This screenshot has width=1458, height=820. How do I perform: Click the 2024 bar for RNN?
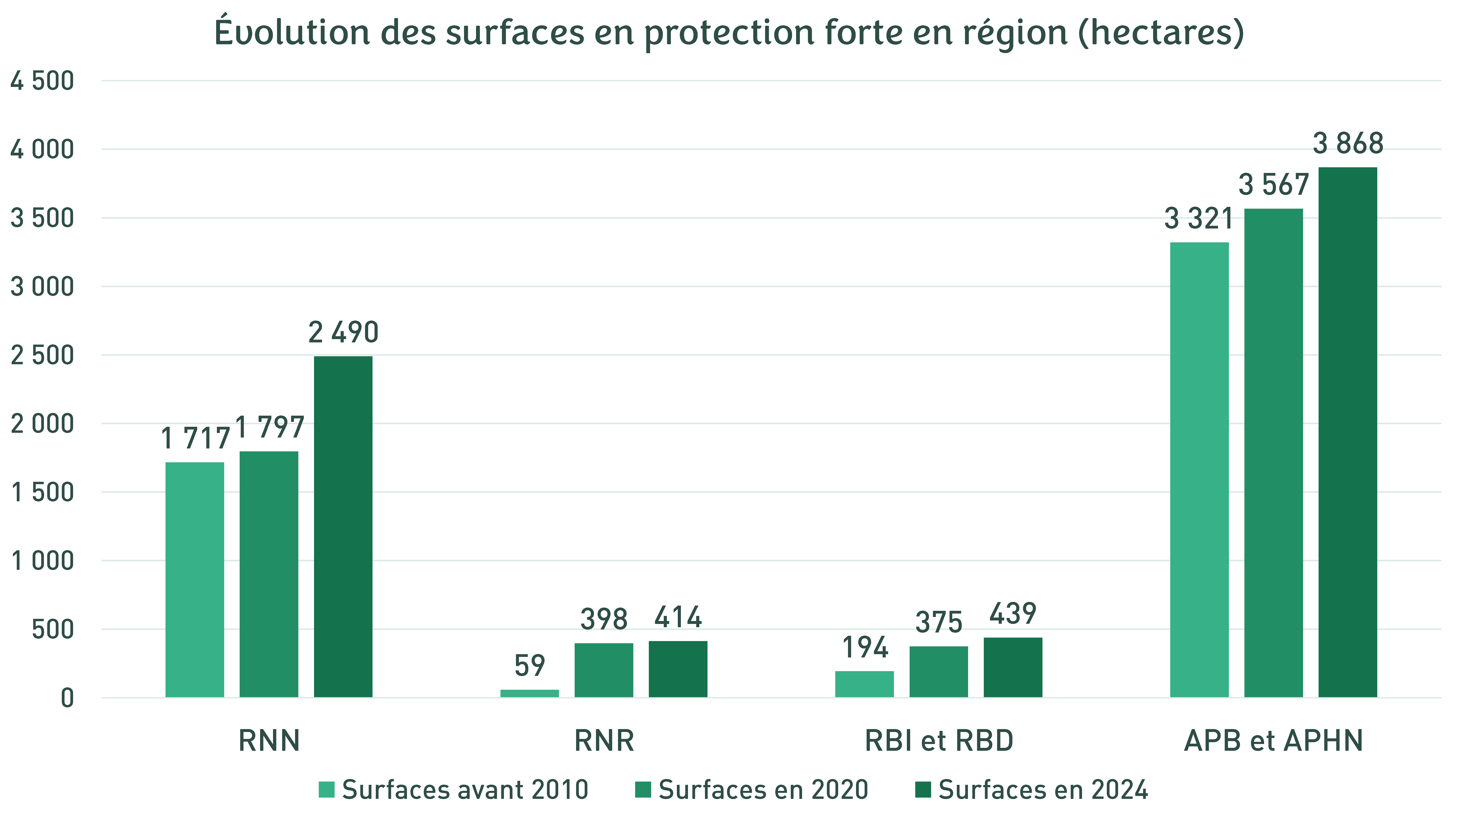point(343,526)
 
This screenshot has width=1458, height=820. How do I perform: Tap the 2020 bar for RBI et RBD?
point(938,672)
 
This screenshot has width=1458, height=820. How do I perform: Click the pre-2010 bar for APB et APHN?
point(1199,470)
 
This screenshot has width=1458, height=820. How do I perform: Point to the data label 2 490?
point(343,332)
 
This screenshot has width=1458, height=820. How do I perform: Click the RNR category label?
point(604,741)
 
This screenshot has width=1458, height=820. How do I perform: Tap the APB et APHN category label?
point(1274,741)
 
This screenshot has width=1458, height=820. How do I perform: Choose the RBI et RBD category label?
point(938,741)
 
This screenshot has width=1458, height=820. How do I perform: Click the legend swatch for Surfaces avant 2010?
point(327,789)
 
